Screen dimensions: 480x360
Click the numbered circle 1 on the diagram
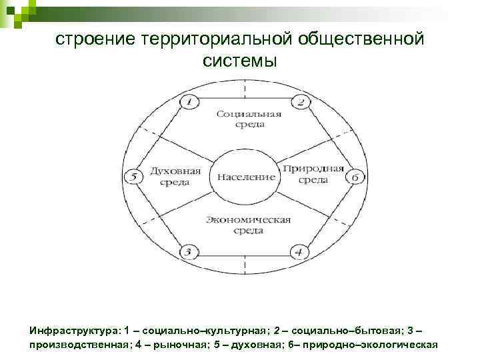[189, 102]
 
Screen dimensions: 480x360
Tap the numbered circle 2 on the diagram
[300, 102]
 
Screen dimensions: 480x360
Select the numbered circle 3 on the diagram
[189, 252]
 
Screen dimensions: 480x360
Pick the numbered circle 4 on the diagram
[299, 252]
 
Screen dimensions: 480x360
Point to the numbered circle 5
[133, 177]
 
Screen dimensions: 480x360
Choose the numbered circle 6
[355, 177]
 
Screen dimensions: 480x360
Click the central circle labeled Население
[244, 177]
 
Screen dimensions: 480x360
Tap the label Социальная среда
[249, 119]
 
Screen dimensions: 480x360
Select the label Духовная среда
[175, 175]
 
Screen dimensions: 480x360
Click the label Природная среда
[313, 173]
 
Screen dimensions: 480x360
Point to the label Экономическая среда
[248, 225]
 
